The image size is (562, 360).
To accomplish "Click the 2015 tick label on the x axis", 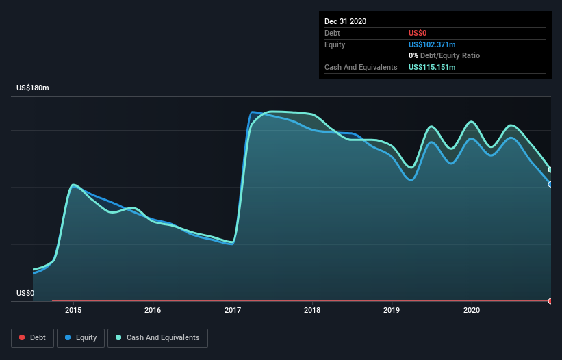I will pos(73,310).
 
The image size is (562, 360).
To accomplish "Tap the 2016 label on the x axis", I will pos(153,310).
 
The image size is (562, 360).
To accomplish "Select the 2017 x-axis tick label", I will pos(233,310).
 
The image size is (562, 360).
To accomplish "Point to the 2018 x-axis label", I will pos(312,310).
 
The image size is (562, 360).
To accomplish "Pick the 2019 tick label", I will pos(392,310).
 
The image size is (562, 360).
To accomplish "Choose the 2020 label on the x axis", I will pos(472,310).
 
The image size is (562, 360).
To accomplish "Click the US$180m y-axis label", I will pos(33,88).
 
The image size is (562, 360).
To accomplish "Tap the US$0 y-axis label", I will pos(25,293).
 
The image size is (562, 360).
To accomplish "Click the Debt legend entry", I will pos(31,337).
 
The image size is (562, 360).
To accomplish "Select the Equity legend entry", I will pos(80,337).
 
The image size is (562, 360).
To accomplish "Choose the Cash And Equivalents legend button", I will pos(157,337).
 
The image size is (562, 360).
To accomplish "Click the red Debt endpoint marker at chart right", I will pos(550,301).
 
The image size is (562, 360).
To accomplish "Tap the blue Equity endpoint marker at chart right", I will pos(550,184).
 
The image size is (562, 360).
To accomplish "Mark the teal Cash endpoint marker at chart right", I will pos(550,170).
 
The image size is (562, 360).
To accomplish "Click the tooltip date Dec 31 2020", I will pos(345,21).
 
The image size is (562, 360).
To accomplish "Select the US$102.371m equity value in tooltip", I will pos(432,44).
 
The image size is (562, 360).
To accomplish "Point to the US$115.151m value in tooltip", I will pos(432,67).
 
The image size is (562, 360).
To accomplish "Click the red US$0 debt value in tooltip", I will pos(418,33).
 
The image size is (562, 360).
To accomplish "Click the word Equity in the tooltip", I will pos(335,44).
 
